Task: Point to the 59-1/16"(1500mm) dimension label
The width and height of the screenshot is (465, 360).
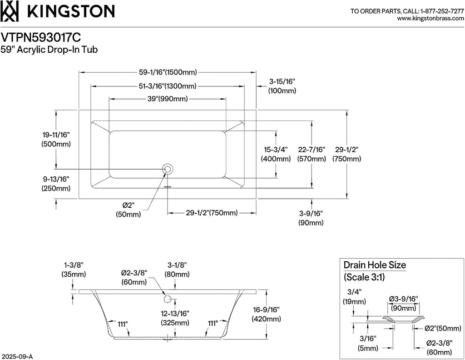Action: click(168, 72)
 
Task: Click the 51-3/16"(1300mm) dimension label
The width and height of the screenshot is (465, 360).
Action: click(168, 86)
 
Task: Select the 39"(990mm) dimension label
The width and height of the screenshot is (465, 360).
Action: click(167, 99)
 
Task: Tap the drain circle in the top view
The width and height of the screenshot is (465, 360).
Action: click(167, 170)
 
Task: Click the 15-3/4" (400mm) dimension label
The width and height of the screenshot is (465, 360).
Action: click(276, 154)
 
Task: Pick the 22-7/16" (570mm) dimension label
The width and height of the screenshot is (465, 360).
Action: click(312, 154)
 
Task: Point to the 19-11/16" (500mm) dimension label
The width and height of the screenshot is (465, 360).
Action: click(56, 139)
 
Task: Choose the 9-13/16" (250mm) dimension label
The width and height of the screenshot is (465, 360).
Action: click(56, 183)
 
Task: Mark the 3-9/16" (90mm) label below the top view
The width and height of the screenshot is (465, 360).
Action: click(311, 218)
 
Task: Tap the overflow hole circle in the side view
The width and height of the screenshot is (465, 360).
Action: click(167, 299)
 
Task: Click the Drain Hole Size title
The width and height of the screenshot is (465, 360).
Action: click(375, 265)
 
